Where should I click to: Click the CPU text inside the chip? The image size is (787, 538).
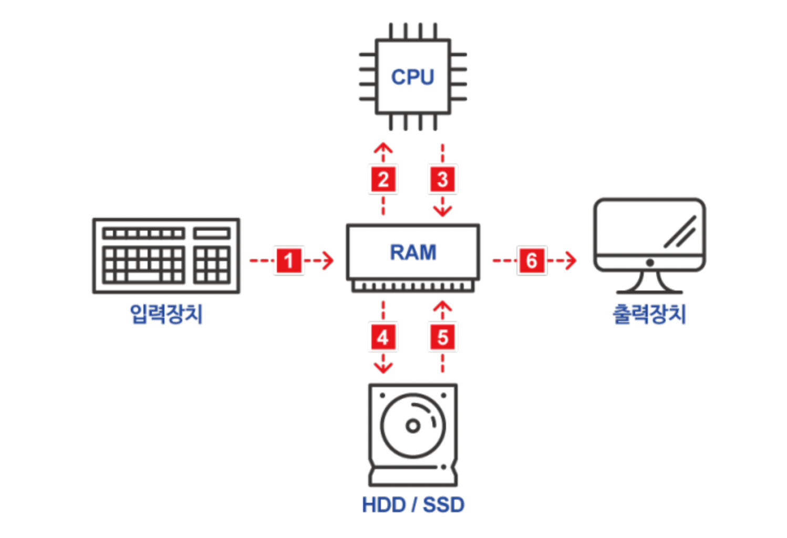pos(412,77)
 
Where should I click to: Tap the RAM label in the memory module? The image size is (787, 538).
pos(413,252)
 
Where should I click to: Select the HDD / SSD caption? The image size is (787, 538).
pos(413,505)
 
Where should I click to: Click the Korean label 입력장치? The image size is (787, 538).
pos(166,314)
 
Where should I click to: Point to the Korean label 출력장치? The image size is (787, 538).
pos(649,314)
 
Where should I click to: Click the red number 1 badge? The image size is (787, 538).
pos(289,261)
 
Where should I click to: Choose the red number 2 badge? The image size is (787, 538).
pos(383,180)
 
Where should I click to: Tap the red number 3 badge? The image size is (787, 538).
pos(442,180)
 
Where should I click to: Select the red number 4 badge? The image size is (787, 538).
pos(383,337)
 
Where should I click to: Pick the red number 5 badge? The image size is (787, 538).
pos(442,337)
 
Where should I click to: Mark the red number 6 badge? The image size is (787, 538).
pos(532,261)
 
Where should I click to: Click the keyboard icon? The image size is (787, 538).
pos(166,256)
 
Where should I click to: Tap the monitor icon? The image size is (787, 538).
pos(649,244)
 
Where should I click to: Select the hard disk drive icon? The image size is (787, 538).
pos(413,434)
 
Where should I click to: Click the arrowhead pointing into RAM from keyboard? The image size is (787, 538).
pos(329,261)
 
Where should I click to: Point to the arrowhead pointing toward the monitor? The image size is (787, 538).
pos(572,261)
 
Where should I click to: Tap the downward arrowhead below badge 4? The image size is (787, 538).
pos(383,368)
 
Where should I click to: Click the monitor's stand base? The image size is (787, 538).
pos(649,290)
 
